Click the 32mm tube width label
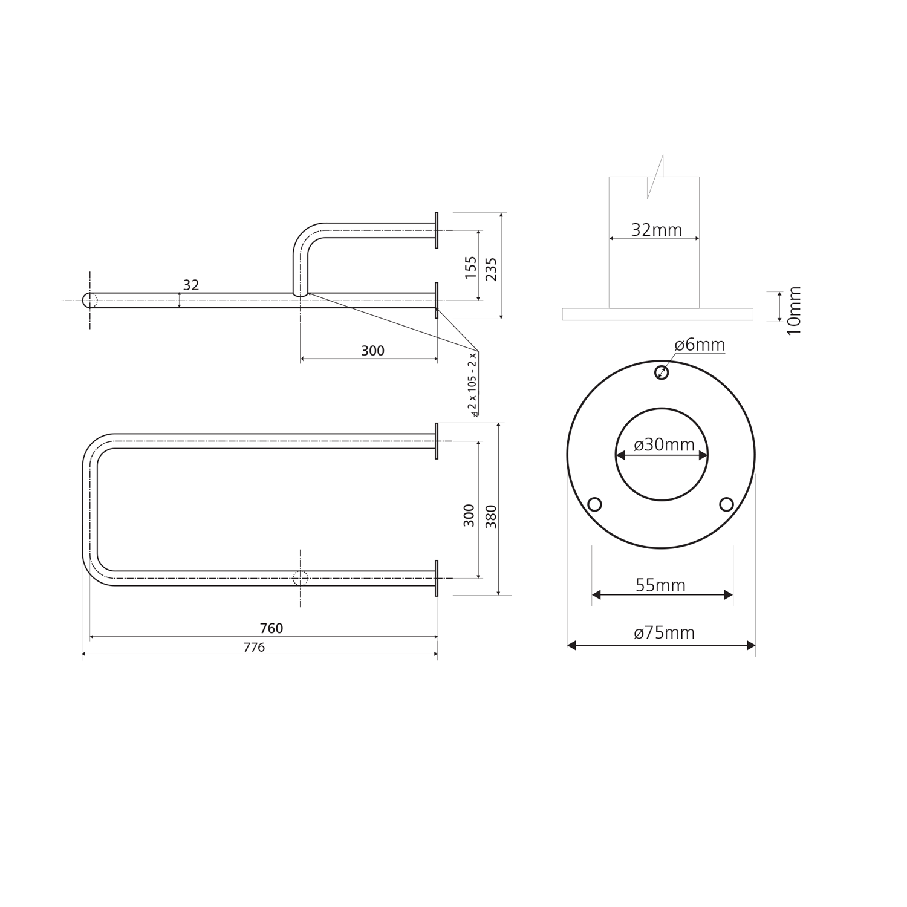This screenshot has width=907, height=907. pyautogui.click(x=656, y=230)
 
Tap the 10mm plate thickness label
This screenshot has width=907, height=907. pyautogui.click(x=794, y=311)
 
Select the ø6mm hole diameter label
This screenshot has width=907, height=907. pyautogui.click(x=700, y=345)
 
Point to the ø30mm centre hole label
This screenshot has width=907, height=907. pyautogui.click(x=664, y=444)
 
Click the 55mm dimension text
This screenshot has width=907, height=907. pyautogui.click(x=660, y=585)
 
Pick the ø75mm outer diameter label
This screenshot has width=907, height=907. pyautogui.click(x=664, y=632)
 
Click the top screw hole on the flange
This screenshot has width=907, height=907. pyautogui.click(x=662, y=372)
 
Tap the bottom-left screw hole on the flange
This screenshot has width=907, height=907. pyautogui.click(x=594, y=504)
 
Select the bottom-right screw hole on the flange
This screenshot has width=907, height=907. pyautogui.click(x=726, y=504)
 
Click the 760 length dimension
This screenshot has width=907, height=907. pyautogui.click(x=271, y=628)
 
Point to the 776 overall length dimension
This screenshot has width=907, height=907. pyautogui.click(x=254, y=647)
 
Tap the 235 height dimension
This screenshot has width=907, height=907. pyautogui.click(x=491, y=268)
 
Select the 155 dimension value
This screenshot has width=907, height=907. pyautogui.click(x=471, y=267)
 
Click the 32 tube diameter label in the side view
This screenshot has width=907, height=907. pyautogui.click(x=191, y=285)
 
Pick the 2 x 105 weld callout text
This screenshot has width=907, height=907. pyautogui.click(x=473, y=384)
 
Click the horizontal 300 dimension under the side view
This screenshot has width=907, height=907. pyautogui.click(x=372, y=351)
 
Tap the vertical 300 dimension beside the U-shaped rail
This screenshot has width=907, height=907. pyautogui.click(x=469, y=515)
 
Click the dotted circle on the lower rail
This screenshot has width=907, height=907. pyautogui.click(x=301, y=578)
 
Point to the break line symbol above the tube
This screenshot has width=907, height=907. pyautogui.click(x=655, y=177)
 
